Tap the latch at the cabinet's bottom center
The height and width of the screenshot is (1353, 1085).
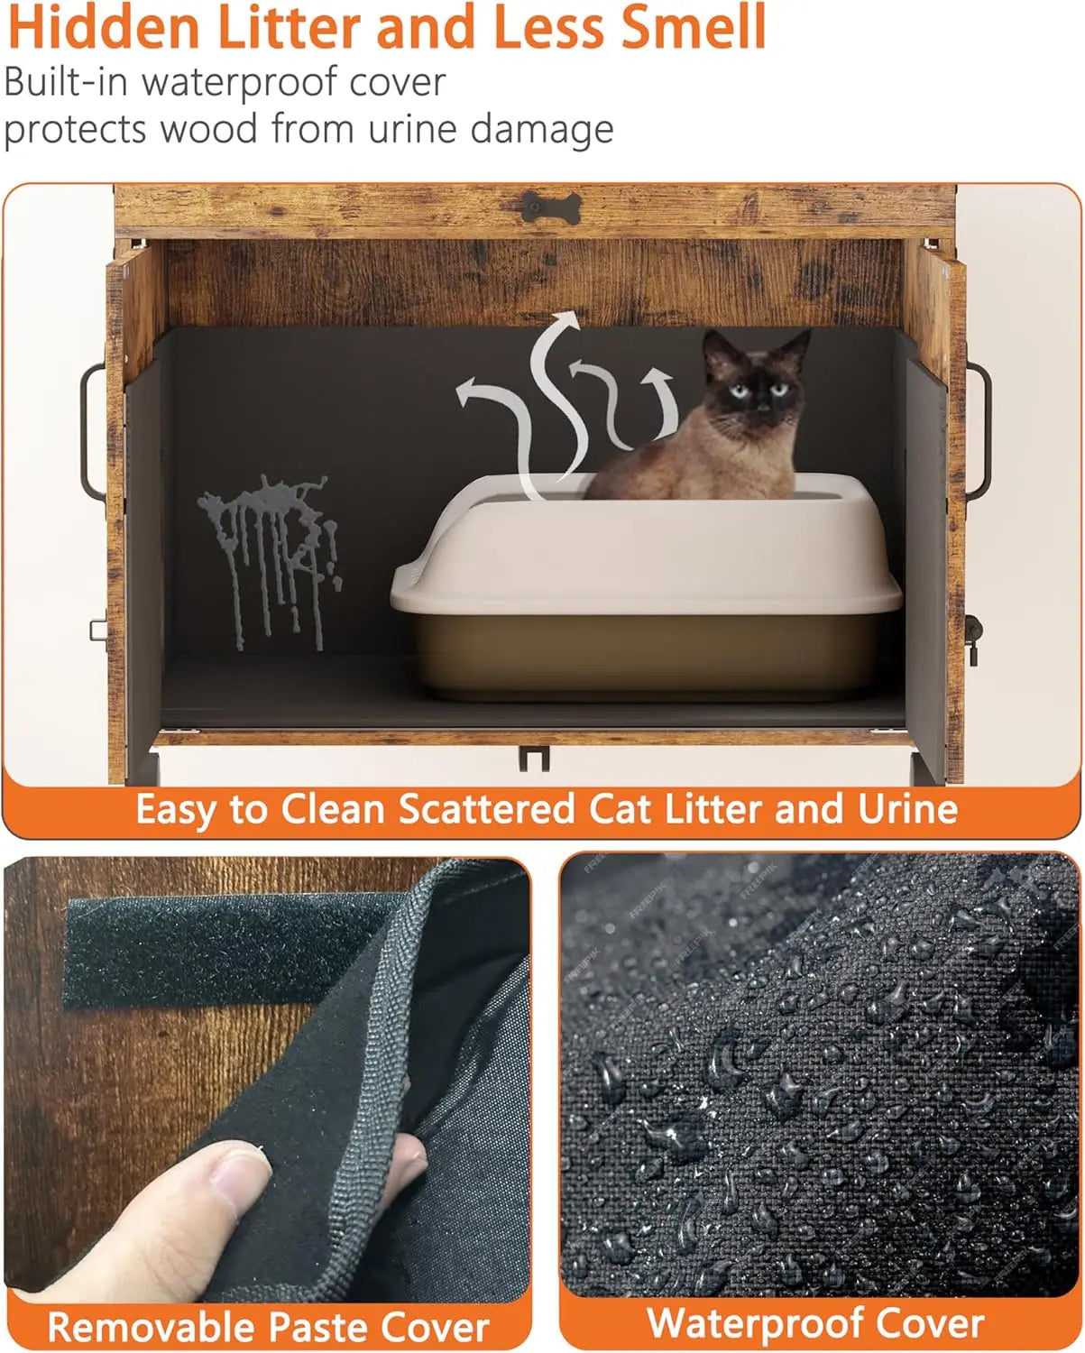pos(534,758)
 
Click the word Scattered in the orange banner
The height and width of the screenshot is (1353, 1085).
pos(487,809)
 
